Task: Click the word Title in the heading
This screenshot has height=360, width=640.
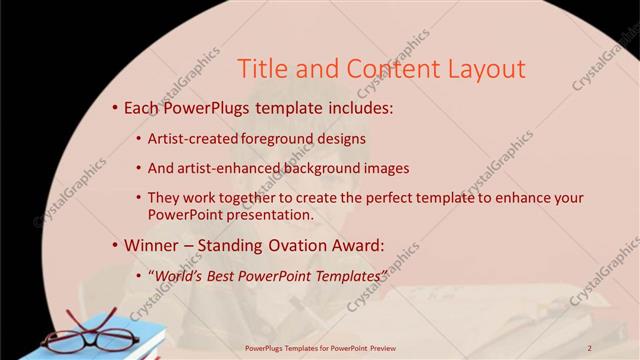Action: click(263, 69)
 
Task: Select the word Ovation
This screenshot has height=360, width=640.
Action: click(286, 244)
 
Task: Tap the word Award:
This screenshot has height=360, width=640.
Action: click(355, 244)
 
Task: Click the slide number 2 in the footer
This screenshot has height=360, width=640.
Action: click(590, 347)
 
